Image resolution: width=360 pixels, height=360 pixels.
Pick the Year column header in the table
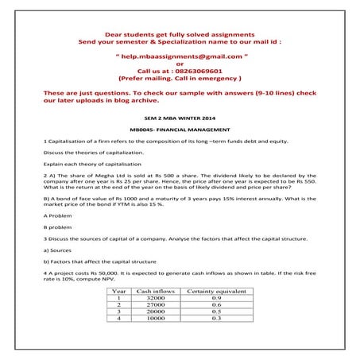click(116, 292)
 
